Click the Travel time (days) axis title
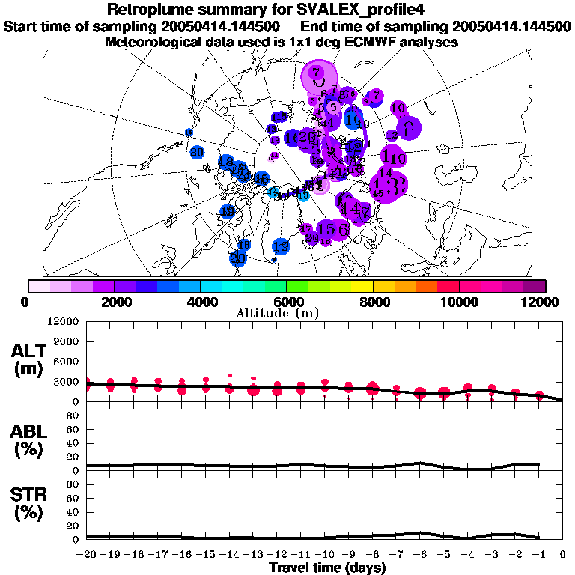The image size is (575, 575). pos(327,568)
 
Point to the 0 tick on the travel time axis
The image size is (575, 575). pos(562,555)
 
